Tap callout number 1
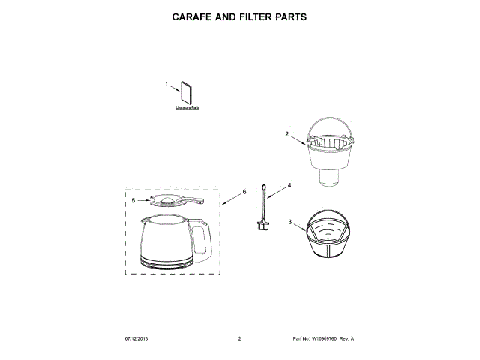(x=166, y=84)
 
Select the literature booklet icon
(x=186, y=93)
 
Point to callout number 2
(x=286, y=135)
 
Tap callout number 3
(x=289, y=222)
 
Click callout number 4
(x=289, y=185)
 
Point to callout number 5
(x=133, y=201)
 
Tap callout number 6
(x=244, y=192)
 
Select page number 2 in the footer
(x=239, y=339)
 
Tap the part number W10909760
(x=323, y=339)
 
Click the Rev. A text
(x=346, y=339)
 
